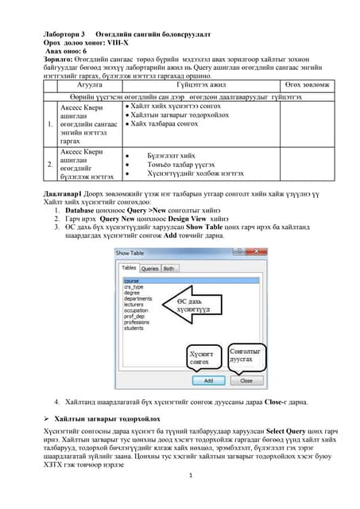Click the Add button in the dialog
[208, 381]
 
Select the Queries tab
[149, 269]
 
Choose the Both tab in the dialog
[169, 269]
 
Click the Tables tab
[129, 269]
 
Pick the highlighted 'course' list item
[132, 281]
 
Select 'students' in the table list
[134, 327]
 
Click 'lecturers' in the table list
[134, 301]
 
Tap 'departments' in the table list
[137, 295]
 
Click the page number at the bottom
[180, 496]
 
